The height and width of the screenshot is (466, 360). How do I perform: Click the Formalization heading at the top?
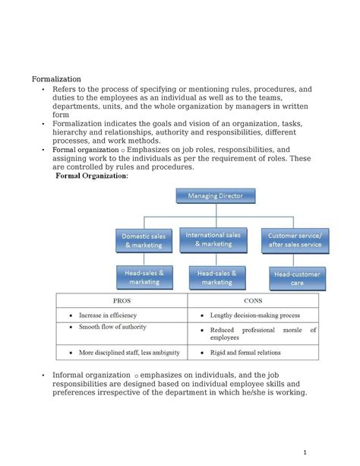[56, 78]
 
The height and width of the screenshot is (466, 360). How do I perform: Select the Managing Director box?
[216, 195]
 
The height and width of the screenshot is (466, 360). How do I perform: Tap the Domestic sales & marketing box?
[144, 240]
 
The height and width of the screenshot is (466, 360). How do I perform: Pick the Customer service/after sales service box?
[294, 240]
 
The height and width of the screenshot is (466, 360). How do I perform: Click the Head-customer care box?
[297, 278]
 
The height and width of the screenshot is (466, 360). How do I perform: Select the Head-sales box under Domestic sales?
[144, 276]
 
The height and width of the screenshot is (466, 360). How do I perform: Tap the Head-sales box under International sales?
[216, 277]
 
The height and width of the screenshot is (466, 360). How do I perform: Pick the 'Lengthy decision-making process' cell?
[255, 315]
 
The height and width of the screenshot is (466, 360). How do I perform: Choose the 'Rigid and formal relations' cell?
[245, 353]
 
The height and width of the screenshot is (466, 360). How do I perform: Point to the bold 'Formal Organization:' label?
[92, 176]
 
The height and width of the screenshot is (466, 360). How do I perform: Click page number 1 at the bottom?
[303, 450]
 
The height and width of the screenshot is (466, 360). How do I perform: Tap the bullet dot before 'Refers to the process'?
[43, 90]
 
